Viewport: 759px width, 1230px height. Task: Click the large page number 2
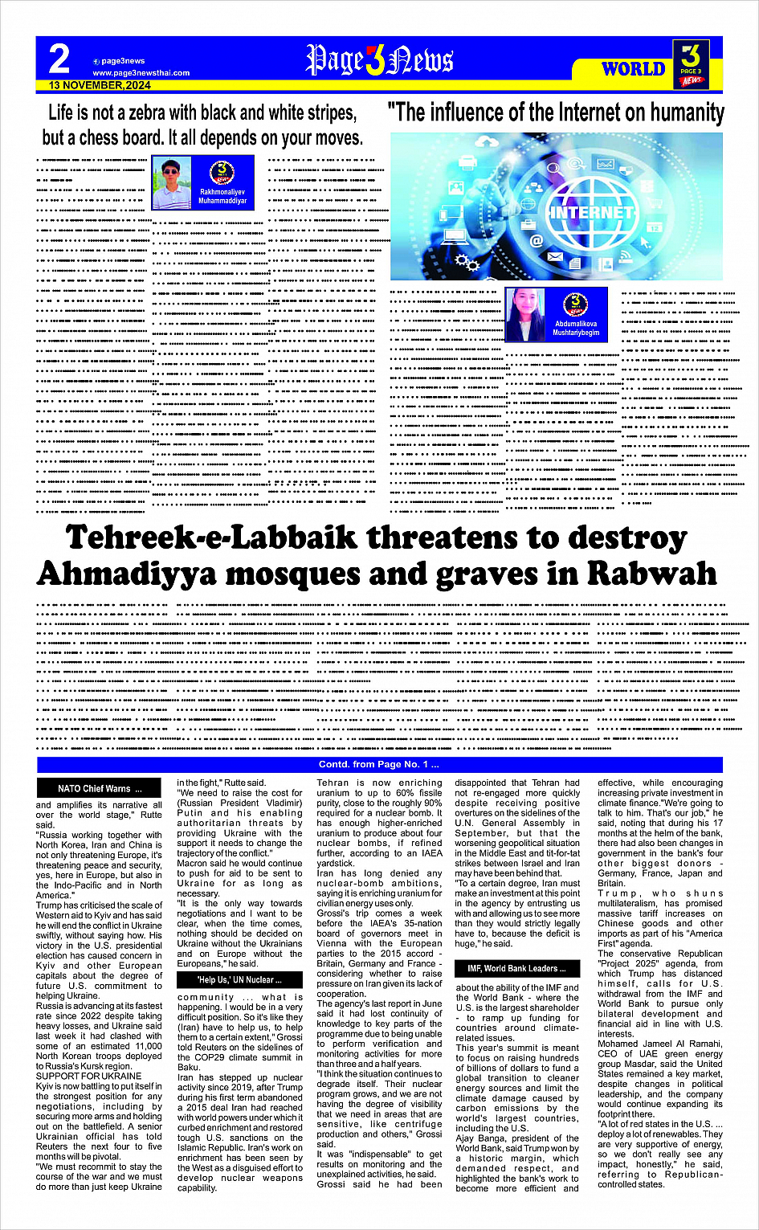(59, 59)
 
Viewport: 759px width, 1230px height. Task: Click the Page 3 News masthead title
(379, 61)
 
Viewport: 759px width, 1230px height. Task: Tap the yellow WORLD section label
(633, 69)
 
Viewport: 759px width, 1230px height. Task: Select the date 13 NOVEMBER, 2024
(100, 85)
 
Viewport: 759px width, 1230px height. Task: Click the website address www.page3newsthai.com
(141, 73)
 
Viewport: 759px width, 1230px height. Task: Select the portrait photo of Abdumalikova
(526, 314)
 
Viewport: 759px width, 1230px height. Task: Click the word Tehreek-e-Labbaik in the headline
(198, 537)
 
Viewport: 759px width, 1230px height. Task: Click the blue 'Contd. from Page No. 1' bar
(379, 764)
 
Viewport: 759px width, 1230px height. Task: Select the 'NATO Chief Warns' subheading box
(100, 788)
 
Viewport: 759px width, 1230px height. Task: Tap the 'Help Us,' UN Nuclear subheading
(239, 979)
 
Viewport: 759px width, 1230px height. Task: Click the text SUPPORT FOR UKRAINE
(89, 1076)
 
